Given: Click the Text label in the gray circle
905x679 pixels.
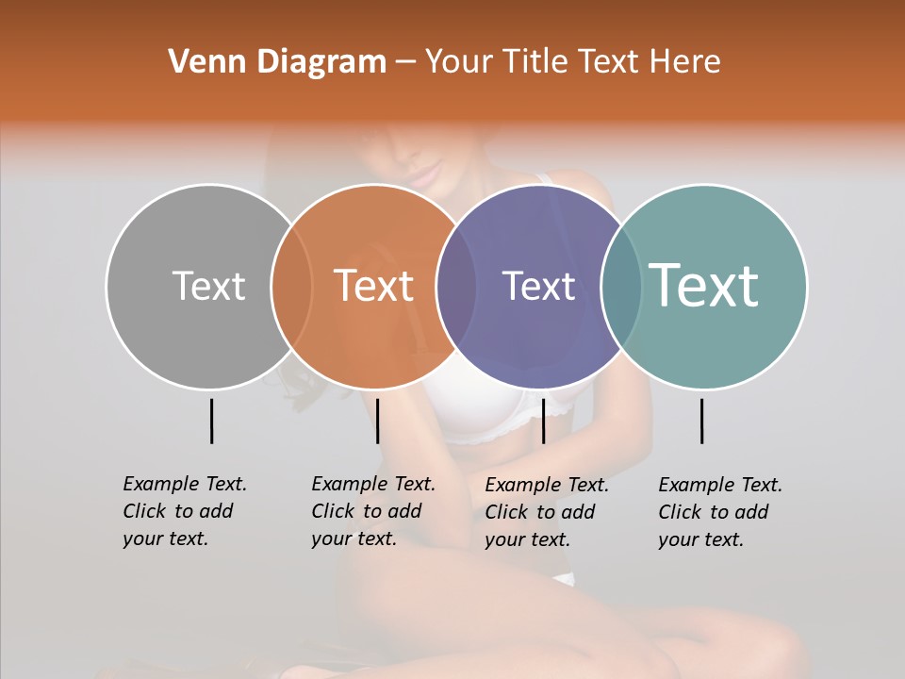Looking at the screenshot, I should click(x=208, y=286).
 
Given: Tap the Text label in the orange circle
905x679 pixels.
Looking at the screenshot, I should click(x=374, y=286).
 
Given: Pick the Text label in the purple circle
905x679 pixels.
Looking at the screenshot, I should click(x=538, y=286).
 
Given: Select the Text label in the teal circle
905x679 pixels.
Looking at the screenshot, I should click(x=704, y=286).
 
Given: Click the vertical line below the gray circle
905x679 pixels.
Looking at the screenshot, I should click(x=211, y=421).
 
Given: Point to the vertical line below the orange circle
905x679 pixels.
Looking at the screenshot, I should click(x=377, y=421).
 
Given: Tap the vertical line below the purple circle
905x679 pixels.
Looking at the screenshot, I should click(x=543, y=421).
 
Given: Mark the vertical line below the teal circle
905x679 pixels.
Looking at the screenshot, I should click(x=701, y=421).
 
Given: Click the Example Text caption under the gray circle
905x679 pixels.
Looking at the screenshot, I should click(x=184, y=511).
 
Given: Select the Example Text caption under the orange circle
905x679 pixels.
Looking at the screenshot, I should click(x=372, y=511).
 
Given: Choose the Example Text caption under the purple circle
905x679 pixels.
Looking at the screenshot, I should click(x=546, y=512).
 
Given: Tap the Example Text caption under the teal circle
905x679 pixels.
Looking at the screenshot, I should click(x=719, y=512).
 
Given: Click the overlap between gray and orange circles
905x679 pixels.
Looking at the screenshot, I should click(x=291, y=286).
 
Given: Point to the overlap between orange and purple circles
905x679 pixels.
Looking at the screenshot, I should click(x=456, y=286).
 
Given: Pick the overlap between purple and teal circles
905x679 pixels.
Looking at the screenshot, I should click(x=621, y=286).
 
